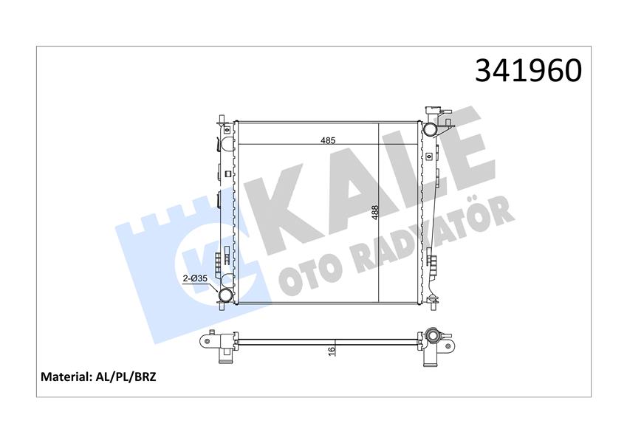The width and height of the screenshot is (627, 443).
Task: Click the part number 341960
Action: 528,71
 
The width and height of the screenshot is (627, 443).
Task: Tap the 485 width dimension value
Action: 327,140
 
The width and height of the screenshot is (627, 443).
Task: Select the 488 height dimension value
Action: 374,213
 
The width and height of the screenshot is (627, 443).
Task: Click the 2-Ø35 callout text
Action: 195,278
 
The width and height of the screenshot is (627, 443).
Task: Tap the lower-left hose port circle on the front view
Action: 226,295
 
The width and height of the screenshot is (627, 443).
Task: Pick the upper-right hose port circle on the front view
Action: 431,129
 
